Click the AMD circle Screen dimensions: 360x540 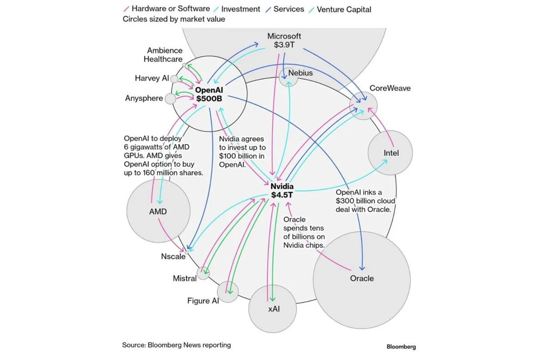pos(158,211)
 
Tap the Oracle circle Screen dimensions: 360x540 pos(361,278)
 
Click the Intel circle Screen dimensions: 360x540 pos(390,153)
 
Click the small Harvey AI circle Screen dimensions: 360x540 pos(174,79)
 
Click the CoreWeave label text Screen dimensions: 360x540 pos(390,88)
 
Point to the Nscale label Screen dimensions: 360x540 pos(173,256)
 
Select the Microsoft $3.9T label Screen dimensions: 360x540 pos(285,40)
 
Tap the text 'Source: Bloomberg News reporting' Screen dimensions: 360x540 pos(177,345)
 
